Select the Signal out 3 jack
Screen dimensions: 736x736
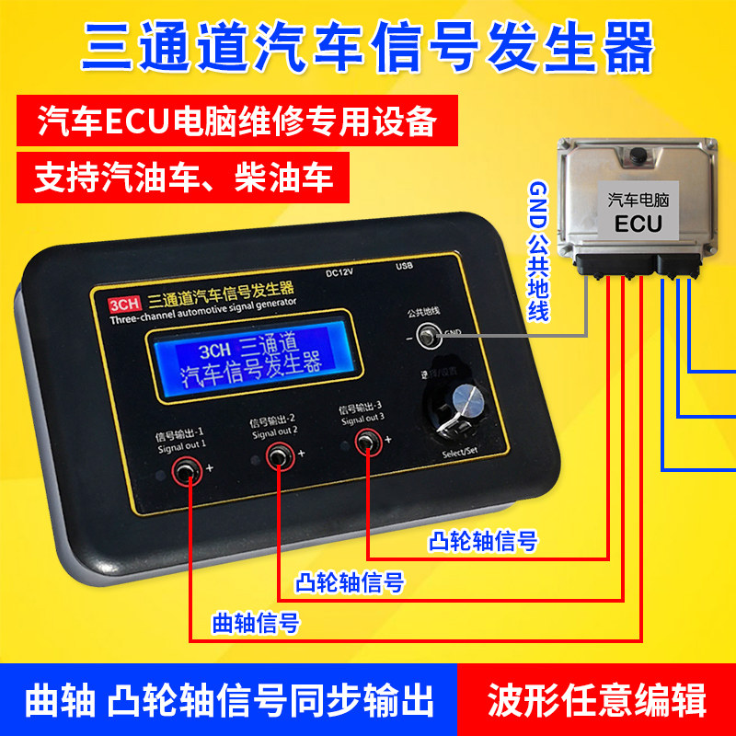pyautogui.click(x=367, y=443)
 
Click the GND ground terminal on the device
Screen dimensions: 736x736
pyautogui.click(x=427, y=337)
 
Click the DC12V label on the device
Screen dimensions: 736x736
pyautogui.click(x=340, y=271)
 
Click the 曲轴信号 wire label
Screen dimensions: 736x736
pyautogui.click(x=256, y=622)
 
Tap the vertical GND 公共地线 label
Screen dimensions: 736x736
pyautogui.click(x=537, y=249)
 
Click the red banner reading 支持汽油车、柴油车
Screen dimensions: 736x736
pyautogui.click(x=183, y=177)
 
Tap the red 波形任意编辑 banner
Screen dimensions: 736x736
pyautogui.click(x=597, y=699)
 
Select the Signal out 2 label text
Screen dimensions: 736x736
pyautogui.click(x=273, y=430)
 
